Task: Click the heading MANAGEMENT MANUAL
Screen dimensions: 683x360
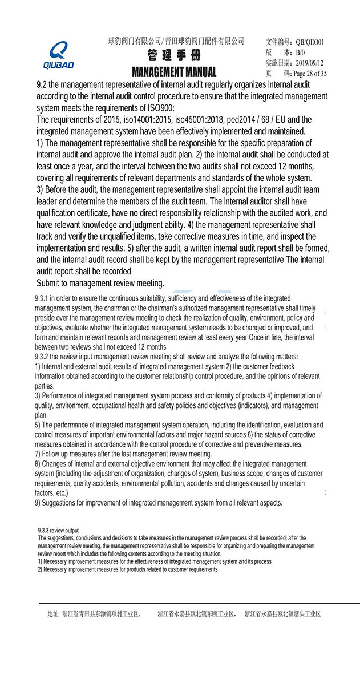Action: click(x=174, y=72)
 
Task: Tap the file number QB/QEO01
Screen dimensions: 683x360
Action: click(x=309, y=42)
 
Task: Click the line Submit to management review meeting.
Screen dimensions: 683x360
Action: click(x=100, y=283)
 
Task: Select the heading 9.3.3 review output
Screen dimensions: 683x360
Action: click(x=58, y=530)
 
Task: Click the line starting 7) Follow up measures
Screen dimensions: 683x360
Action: click(x=123, y=454)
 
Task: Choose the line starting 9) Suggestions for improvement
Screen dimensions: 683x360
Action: click(x=158, y=503)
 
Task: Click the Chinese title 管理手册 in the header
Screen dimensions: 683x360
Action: click(x=173, y=56)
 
